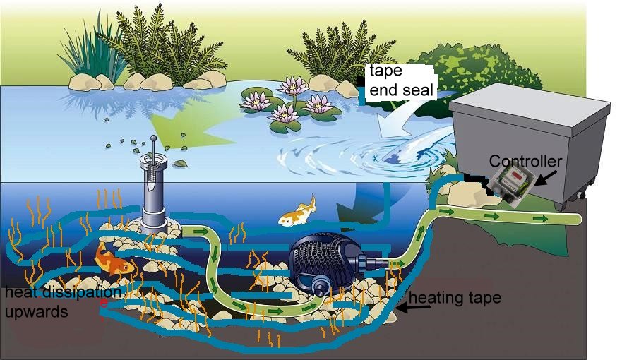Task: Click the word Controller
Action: pos(525,162)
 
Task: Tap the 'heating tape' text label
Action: pos(455,298)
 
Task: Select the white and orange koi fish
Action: pos(297,212)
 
